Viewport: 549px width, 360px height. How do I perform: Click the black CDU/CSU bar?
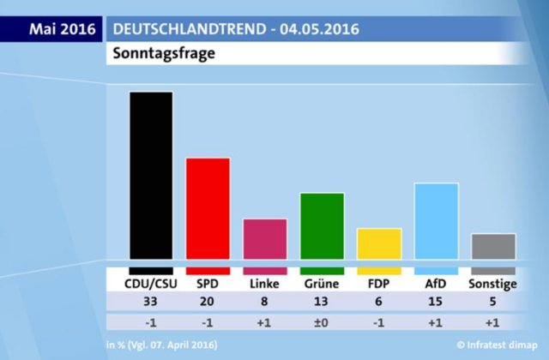(151, 176)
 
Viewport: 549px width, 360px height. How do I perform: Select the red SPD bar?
(208, 209)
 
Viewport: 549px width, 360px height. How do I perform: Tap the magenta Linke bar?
(265, 239)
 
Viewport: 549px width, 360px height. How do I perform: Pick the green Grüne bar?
(322, 226)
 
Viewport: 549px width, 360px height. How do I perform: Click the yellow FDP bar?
(379, 244)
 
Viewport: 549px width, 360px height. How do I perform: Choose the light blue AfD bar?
(436, 221)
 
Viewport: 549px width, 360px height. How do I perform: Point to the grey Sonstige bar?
(493, 247)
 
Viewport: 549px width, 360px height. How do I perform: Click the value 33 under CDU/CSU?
(151, 303)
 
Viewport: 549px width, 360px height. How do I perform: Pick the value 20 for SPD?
(208, 303)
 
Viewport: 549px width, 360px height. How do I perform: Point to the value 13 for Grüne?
(322, 303)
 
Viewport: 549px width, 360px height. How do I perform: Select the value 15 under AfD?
(436, 303)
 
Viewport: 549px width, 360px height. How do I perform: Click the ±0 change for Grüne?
(322, 324)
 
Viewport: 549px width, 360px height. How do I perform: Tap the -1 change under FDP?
(379, 324)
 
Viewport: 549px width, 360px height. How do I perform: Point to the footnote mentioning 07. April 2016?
(162, 345)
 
